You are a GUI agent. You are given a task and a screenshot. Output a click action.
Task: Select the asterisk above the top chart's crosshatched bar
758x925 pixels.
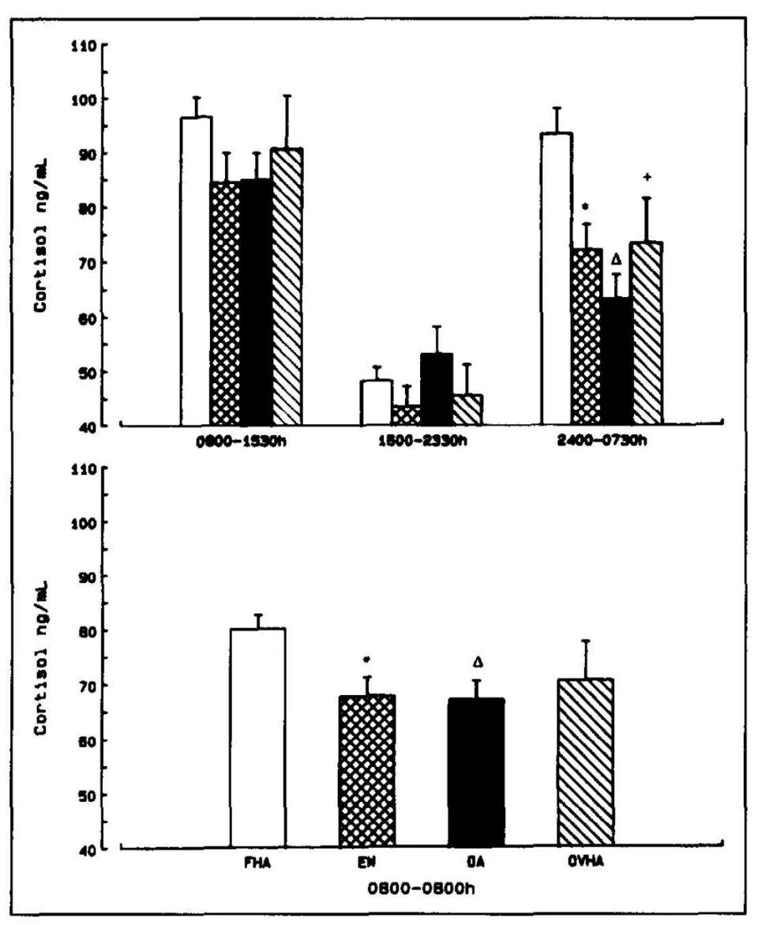coord(585,207)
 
